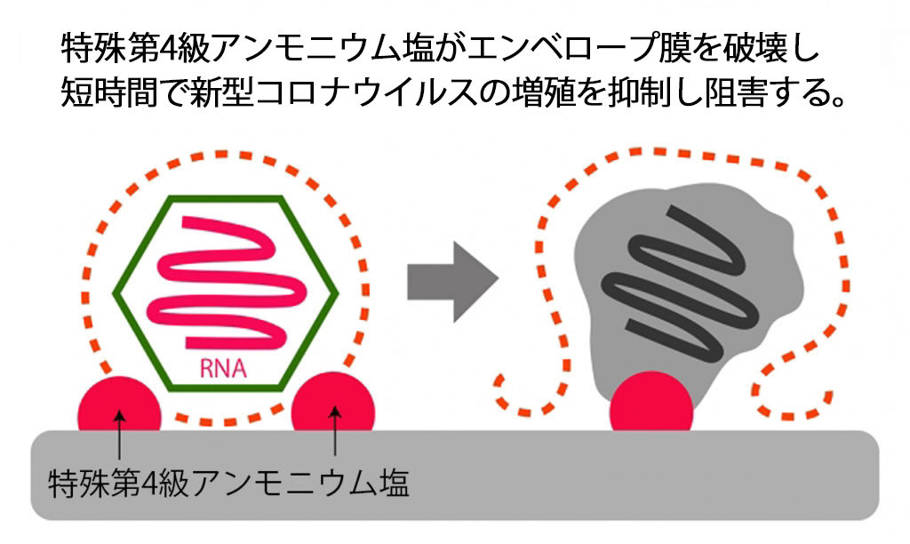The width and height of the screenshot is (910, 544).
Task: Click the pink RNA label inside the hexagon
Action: tap(223, 368)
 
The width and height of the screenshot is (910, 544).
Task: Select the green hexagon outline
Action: tap(115, 293)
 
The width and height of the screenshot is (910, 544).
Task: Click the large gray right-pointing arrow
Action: tap(452, 282)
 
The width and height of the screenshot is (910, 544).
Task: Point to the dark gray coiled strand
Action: tap(680, 284)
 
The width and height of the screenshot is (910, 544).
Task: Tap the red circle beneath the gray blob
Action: tap(651, 403)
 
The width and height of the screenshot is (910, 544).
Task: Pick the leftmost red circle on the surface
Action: tap(120, 405)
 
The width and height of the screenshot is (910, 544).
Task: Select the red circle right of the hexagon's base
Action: tap(333, 403)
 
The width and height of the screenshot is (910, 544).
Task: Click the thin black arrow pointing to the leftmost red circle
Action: tap(119, 435)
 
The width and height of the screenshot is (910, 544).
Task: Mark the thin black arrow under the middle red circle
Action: tap(335, 430)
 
